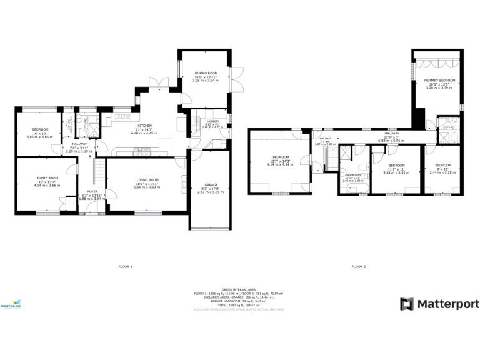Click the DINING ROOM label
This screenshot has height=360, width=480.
click(x=204, y=73)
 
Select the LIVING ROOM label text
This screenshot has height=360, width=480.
click(x=147, y=180)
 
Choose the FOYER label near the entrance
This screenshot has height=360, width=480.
click(x=92, y=191)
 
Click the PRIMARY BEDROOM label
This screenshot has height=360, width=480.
click(x=438, y=81)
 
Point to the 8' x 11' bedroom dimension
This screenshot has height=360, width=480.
click(x=442, y=168)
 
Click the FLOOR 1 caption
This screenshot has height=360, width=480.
click(x=125, y=267)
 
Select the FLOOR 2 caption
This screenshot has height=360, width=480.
click(x=358, y=267)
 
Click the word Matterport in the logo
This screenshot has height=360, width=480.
click(x=447, y=304)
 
